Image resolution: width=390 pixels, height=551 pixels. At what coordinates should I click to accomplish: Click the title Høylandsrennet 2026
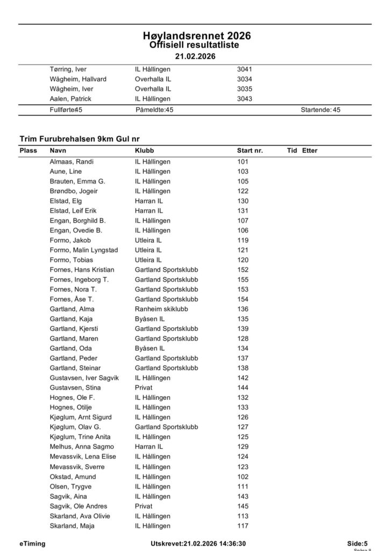point(197,36)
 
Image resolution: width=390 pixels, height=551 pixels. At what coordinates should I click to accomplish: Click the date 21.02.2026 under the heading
point(195,56)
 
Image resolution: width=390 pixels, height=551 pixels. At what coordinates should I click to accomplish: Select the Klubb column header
point(144,151)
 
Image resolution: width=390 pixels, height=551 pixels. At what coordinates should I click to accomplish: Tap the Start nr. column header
point(250,151)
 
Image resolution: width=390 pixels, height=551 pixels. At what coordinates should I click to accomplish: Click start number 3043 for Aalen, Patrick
point(245,98)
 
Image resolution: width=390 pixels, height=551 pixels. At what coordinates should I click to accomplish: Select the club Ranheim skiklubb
point(161,309)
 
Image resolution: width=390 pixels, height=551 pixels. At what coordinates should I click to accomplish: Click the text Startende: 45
point(321,110)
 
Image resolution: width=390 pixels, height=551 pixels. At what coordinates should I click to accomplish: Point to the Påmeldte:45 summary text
point(154,110)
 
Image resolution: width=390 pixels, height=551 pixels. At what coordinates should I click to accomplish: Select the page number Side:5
point(358,543)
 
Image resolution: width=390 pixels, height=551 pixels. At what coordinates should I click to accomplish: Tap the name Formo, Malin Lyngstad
point(83,250)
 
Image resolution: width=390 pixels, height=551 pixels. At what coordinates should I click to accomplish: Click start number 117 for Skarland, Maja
point(243,526)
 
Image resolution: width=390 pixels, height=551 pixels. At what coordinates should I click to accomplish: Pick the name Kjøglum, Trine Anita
point(80,437)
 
